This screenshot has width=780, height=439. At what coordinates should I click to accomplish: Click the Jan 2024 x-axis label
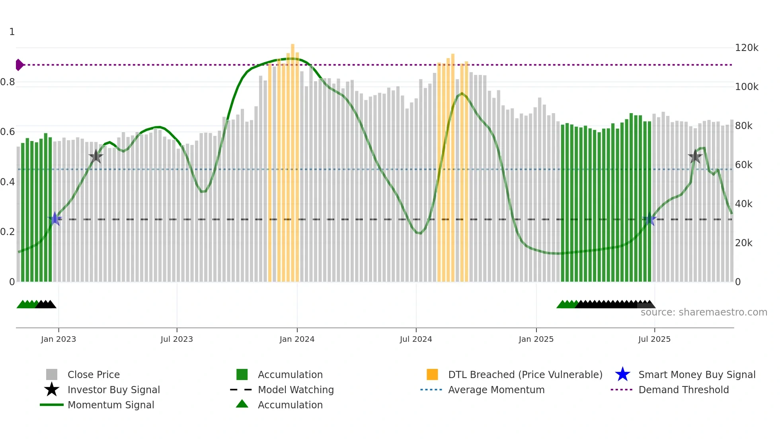click(x=297, y=339)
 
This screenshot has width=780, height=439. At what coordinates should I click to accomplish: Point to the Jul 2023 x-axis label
click(x=177, y=339)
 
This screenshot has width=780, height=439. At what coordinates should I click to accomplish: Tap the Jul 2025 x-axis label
click(x=654, y=339)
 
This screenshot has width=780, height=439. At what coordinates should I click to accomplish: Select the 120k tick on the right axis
click(x=747, y=48)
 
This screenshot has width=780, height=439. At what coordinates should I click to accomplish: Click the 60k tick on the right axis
click(x=743, y=165)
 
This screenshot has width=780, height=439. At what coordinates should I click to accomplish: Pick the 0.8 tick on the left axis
click(x=8, y=82)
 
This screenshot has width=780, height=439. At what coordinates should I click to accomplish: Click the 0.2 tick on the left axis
click(x=8, y=232)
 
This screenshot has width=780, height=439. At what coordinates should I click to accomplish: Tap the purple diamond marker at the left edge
click(x=19, y=65)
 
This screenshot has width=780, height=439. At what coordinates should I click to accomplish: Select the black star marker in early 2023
click(x=96, y=157)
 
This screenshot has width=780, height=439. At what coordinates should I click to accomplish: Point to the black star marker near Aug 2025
click(x=695, y=157)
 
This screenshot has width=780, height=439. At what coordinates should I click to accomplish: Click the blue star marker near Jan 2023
click(x=55, y=219)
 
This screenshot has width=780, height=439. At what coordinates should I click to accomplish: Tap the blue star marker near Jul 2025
click(x=649, y=219)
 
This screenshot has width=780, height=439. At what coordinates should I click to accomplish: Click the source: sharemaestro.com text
click(x=704, y=312)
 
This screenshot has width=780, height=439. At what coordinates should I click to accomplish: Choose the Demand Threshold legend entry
click(x=683, y=390)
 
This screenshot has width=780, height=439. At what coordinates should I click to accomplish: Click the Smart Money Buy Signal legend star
click(x=622, y=374)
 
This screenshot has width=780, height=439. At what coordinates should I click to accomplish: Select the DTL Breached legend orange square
click(x=432, y=374)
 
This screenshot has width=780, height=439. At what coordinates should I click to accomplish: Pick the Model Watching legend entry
click(x=295, y=390)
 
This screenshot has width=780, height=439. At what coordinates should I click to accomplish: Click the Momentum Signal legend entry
click(x=111, y=405)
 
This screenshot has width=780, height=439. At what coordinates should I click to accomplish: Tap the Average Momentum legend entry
click(x=496, y=390)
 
